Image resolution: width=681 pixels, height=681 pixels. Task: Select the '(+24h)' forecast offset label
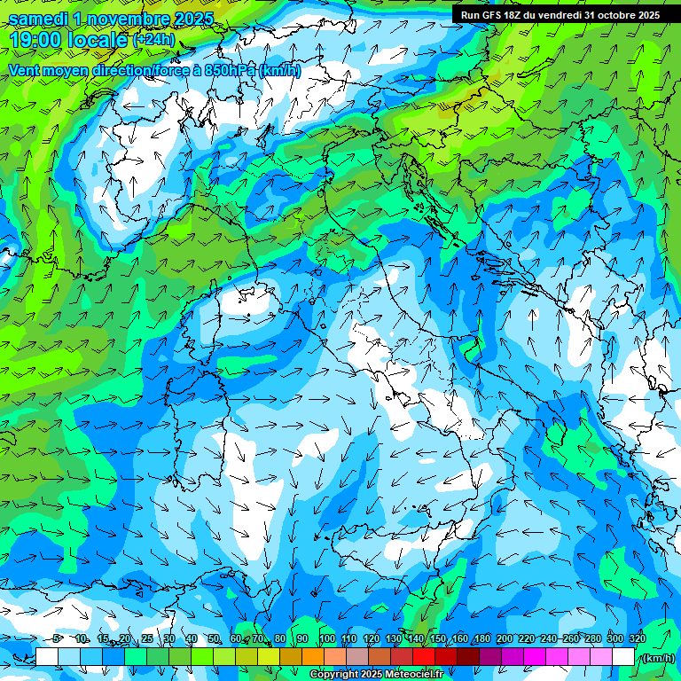coord(153,40)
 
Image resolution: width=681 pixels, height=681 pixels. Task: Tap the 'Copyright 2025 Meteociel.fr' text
coord(382,675)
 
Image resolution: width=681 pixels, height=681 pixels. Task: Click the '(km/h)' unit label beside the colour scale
coord(657,658)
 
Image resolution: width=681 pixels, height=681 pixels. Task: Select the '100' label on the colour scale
coord(326,638)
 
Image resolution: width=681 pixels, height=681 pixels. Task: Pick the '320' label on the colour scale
coord(637,638)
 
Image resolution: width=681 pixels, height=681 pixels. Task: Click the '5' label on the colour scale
coord(56,638)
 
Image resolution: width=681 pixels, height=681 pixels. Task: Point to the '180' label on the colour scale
coord(481,638)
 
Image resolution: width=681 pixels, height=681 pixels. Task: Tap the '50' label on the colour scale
coord(214,638)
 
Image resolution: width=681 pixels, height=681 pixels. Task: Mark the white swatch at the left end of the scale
coord(47,657)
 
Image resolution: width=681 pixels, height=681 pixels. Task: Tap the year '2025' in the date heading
coord(192,19)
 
